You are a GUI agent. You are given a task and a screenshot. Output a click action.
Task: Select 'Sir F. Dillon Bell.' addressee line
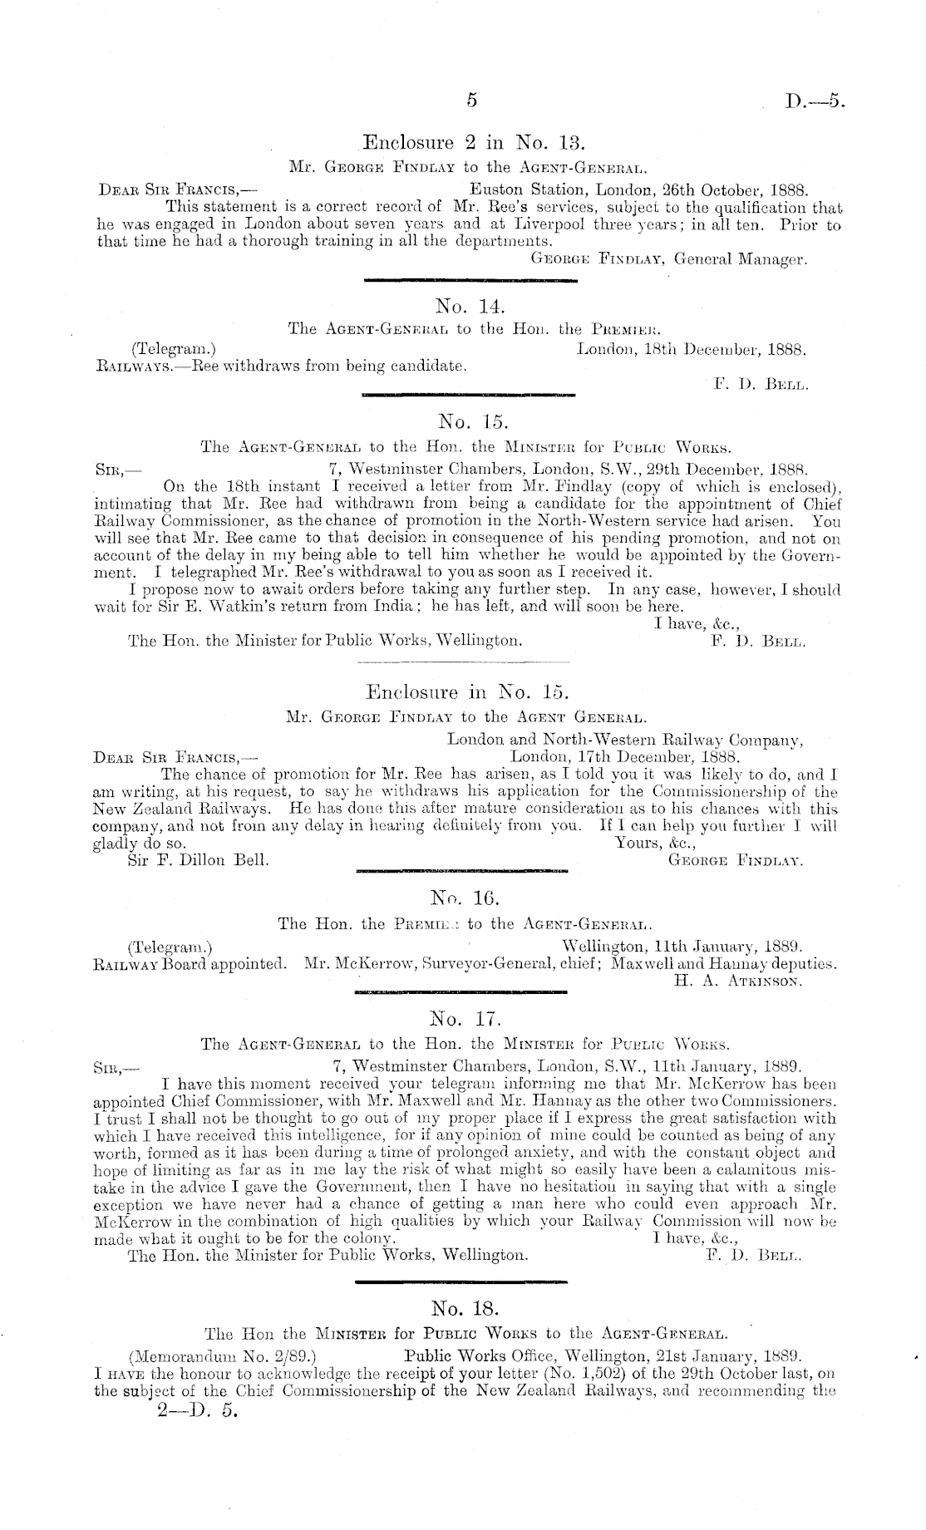(198, 860)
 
